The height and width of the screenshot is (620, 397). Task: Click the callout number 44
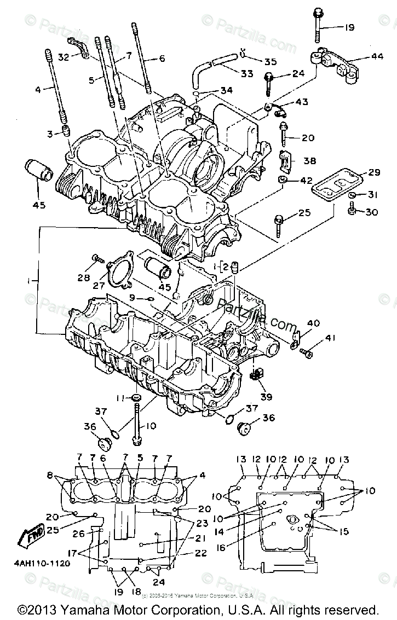click(x=377, y=57)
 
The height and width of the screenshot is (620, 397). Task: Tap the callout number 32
click(x=64, y=56)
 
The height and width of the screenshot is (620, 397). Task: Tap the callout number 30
click(x=372, y=212)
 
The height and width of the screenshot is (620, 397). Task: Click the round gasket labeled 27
click(x=121, y=271)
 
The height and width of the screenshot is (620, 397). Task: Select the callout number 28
click(x=84, y=277)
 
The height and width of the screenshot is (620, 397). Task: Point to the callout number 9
click(x=132, y=298)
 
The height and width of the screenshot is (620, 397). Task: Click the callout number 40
click(x=313, y=323)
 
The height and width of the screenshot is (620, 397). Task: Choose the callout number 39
click(x=266, y=397)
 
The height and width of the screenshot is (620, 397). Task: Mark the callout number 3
click(x=50, y=134)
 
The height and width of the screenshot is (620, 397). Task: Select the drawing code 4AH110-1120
click(x=43, y=563)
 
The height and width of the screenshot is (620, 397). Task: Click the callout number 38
click(x=310, y=161)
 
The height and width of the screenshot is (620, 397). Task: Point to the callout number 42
click(x=306, y=181)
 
